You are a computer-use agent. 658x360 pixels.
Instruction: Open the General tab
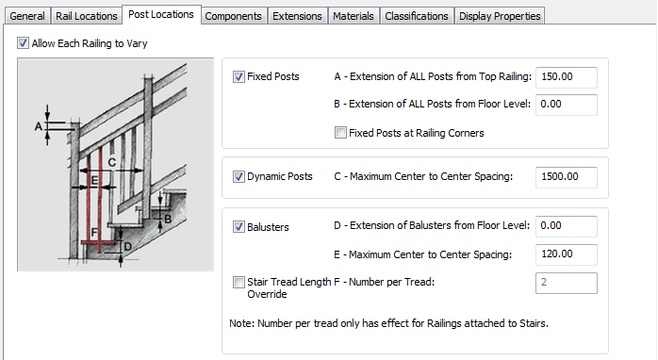pos(27,16)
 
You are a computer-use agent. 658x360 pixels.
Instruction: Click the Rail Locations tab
pos(87,16)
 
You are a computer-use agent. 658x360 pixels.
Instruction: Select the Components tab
pos(234,16)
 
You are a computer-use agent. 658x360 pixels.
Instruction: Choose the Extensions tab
pos(297,16)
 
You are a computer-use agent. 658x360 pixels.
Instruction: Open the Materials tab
pos(354,16)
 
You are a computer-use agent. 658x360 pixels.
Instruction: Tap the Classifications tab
pos(417,16)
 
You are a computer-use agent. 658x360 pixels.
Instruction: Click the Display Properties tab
pos(500,16)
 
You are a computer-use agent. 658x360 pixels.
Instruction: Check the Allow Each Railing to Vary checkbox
pos(23,42)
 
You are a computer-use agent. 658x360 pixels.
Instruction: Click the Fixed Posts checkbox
pos(239,76)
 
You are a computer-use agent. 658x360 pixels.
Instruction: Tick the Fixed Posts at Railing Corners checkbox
pos(340,133)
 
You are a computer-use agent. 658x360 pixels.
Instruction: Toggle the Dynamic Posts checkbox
pos(239,176)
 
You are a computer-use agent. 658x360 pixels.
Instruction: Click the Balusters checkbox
pos(239,227)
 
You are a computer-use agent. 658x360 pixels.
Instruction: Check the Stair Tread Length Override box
pos(239,282)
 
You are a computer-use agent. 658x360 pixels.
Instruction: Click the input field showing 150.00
pos(567,77)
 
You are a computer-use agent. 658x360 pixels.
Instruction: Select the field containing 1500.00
pos(567,177)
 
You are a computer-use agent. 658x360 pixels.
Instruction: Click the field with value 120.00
pos(567,254)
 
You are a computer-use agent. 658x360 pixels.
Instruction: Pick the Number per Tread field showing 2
pos(567,283)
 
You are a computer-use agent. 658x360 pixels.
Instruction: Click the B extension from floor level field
pos(567,105)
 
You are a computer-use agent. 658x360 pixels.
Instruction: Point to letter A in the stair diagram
pos(39,126)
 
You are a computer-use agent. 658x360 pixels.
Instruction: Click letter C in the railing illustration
pos(112,162)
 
